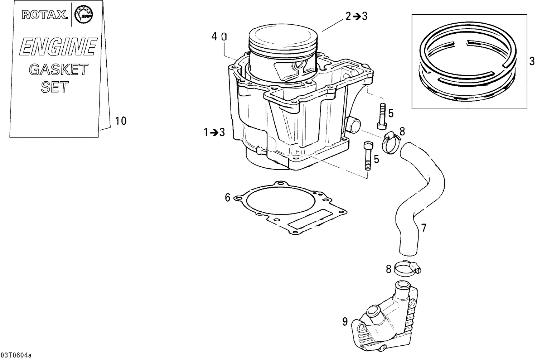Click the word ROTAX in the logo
(x=44, y=15)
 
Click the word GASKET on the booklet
(x=58, y=69)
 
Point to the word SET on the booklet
(x=55, y=87)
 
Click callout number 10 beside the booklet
(x=121, y=121)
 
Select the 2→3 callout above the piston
(x=356, y=16)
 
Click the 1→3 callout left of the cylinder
(x=214, y=133)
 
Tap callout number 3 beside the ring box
(x=532, y=61)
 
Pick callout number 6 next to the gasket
(x=227, y=197)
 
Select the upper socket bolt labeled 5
(x=382, y=116)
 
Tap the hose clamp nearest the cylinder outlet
(x=391, y=141)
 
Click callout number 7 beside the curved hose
(x=424, y=228)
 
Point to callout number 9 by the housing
(x=345, y=322)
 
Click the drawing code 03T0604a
(x=16, y=355)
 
